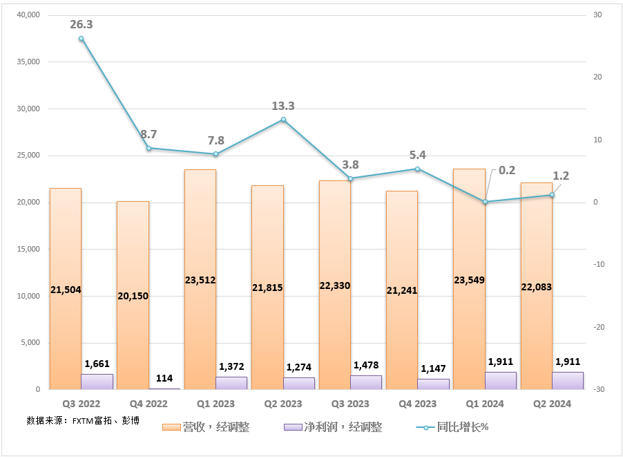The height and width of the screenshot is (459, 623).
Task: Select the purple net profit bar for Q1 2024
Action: [501, 381]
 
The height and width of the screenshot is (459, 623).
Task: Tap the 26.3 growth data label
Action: [81, 24]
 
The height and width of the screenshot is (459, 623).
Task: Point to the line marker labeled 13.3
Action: [283, 120]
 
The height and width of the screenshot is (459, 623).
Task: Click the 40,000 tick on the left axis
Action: [27, 15]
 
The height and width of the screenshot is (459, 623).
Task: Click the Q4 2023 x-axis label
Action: [417, 404]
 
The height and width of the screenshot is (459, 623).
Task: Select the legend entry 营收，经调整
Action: [207, 427]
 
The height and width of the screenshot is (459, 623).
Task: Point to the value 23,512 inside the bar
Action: [200, 280]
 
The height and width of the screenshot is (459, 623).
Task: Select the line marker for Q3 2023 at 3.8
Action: [350, 179]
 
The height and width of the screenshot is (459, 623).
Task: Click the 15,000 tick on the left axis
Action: [27, 250]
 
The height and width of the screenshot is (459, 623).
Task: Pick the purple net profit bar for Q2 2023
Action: [299, 384]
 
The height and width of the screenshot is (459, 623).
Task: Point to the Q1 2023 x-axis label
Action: [215, 404]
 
